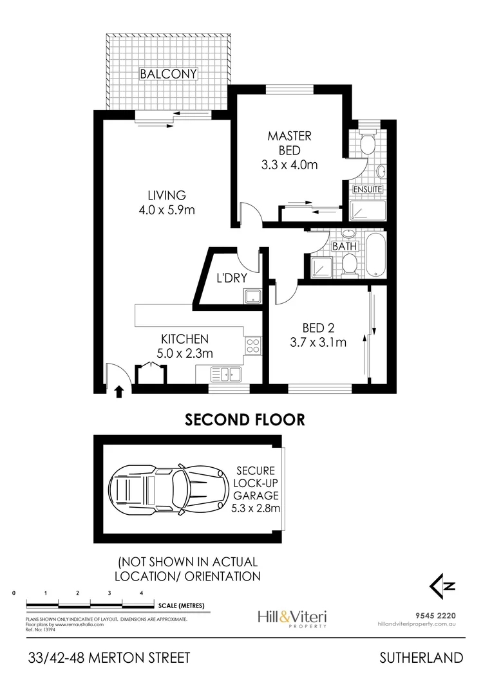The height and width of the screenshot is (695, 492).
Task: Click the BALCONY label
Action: [168, 74]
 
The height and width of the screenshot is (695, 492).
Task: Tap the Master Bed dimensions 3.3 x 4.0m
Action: [290, 165]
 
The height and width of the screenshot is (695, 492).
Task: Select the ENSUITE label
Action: [367, 189]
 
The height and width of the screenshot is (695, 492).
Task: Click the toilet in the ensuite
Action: [368, 143]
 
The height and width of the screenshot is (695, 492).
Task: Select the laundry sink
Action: [251, 296]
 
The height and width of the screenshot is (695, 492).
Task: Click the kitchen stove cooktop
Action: [252, 345]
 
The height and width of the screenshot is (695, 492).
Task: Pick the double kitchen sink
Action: [227, 373]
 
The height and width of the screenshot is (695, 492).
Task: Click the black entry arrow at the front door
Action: [118, 391]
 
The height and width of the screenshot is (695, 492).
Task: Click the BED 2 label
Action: [317, 328]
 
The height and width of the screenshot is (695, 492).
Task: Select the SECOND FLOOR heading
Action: [245, 420]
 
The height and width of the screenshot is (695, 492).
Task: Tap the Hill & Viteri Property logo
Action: [291, 618]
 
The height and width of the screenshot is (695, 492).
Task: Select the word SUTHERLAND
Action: [421, 658]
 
